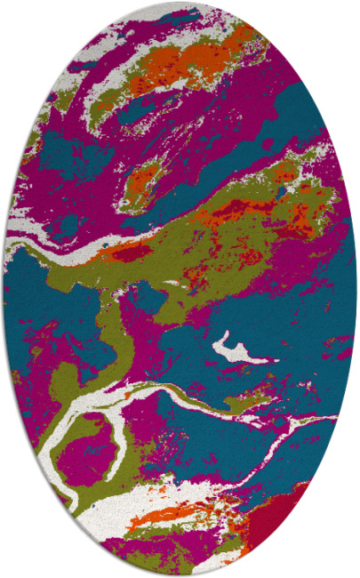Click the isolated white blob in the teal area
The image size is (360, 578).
[x=233, y=348]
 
